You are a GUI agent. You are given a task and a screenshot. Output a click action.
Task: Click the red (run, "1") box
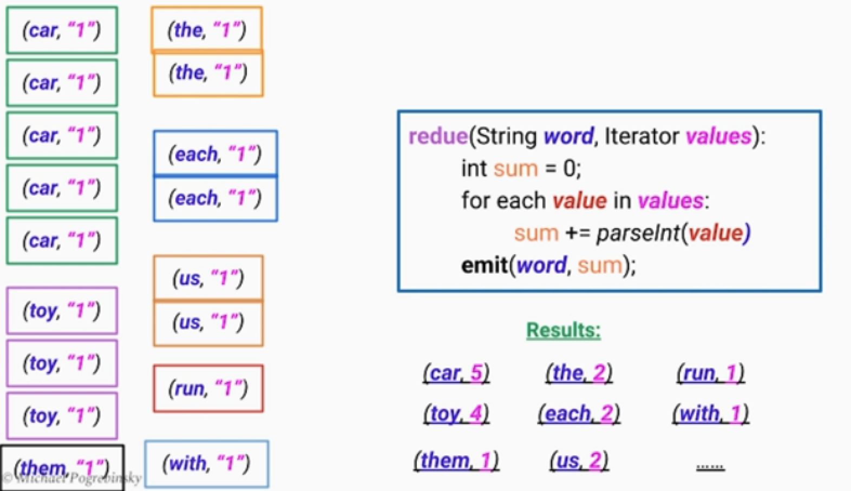208,389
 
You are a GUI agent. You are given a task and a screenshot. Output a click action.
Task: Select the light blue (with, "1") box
207,463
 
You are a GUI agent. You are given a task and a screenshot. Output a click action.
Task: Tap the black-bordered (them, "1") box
62,468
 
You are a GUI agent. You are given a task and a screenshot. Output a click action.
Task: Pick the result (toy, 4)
456,413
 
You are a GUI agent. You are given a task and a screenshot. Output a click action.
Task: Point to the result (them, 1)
456,461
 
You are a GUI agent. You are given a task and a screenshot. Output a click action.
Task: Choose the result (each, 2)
579,413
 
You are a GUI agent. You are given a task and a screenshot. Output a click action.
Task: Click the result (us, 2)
579,461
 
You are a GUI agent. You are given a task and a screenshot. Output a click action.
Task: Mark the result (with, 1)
710,413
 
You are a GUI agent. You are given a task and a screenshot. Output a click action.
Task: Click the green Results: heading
564,330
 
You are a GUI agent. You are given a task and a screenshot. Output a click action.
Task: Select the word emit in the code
484,265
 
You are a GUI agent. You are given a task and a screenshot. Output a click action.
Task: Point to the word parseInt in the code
638,233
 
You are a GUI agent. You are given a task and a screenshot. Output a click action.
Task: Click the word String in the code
506,137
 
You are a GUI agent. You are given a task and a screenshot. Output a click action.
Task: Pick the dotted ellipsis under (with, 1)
710,467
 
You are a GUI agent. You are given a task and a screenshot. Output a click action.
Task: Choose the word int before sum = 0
474,169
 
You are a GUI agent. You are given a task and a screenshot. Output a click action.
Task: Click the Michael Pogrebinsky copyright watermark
71,478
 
